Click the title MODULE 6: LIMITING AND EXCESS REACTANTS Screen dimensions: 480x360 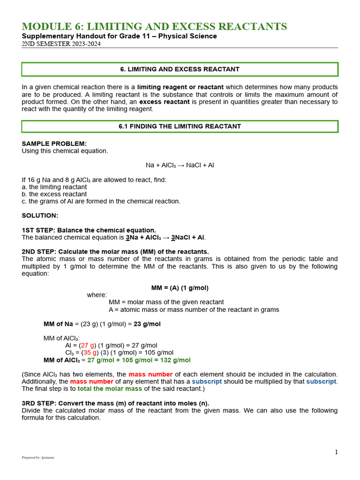pyautogui.click(x=154, y=27)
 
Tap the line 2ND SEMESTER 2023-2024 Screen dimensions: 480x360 pyautogui.click(x=61, y=44)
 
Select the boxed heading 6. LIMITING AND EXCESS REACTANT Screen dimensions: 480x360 pyautogui.click(x=180, y=69)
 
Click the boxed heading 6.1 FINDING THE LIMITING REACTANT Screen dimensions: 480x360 pyautogui.click(x=180, y=127)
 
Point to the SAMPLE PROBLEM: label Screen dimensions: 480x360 pyautogui.click(x=54, y=144)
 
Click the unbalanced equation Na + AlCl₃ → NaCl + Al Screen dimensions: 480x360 pyautogui.click(x=180, y=165)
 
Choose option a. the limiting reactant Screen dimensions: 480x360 pyautogui.click(x=54, y=187)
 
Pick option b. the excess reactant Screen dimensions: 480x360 pyautogui.click(x=54, y=194)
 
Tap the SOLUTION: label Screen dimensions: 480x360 pyautogui.click(x=40, y=216)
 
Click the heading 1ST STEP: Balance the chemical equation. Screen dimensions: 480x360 pyautogui.click(x=89, y=230)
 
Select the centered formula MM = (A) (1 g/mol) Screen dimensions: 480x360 pyautogui.click(x=180, y=288)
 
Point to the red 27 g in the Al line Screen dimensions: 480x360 pyautogui.click(x=88, y=345)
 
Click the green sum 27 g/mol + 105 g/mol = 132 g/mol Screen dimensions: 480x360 pyautogui.click(x=139, y=360)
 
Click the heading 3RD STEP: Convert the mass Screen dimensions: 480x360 pyautogui.click(x=115, y=403)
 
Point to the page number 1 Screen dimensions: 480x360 pyautogui.click(x=336, y=452)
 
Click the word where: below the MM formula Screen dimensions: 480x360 pyautogui.click(x=97, y=295)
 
